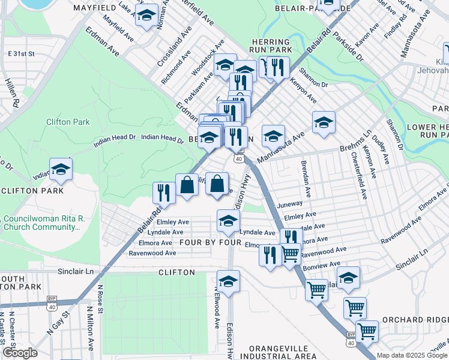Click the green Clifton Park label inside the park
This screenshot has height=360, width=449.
click(68, 122)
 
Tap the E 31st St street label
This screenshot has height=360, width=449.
click(22, 54)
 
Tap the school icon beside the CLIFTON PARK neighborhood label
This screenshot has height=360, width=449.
click(61, 170)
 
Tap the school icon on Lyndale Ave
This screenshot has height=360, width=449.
click(228, 223)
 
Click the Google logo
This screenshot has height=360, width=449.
click(20, 353)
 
